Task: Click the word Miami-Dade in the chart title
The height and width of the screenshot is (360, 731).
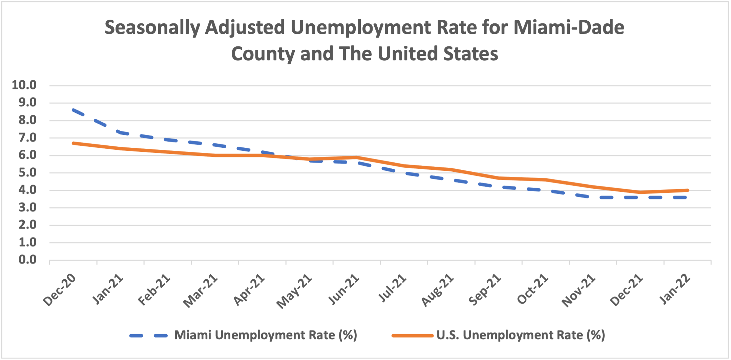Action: click(569, 27)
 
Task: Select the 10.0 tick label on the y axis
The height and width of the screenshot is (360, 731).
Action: click(24, 85)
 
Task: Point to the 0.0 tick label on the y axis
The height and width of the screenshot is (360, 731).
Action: click(27, 260)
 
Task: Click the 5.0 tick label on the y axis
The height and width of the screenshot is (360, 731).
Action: click(27, 173)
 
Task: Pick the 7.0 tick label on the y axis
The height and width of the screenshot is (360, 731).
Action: click(27, 138)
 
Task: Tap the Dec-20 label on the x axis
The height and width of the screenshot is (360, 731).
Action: click(60, 290)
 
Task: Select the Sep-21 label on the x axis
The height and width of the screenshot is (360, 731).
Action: click(485, 290)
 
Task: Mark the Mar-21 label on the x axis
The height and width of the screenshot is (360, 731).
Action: click(201, 291)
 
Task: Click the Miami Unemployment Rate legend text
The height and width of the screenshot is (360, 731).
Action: click(266, 335)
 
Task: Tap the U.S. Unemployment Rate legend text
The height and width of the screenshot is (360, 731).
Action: click(521, 335)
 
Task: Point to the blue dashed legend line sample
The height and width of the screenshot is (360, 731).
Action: click(148, 336)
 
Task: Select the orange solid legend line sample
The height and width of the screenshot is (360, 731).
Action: click(412, 336)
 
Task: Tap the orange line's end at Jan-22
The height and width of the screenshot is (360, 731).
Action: click(687, 190)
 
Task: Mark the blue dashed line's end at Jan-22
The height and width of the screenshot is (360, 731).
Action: click(686, 197)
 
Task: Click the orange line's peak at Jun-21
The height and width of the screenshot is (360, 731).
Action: click(357, 157)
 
